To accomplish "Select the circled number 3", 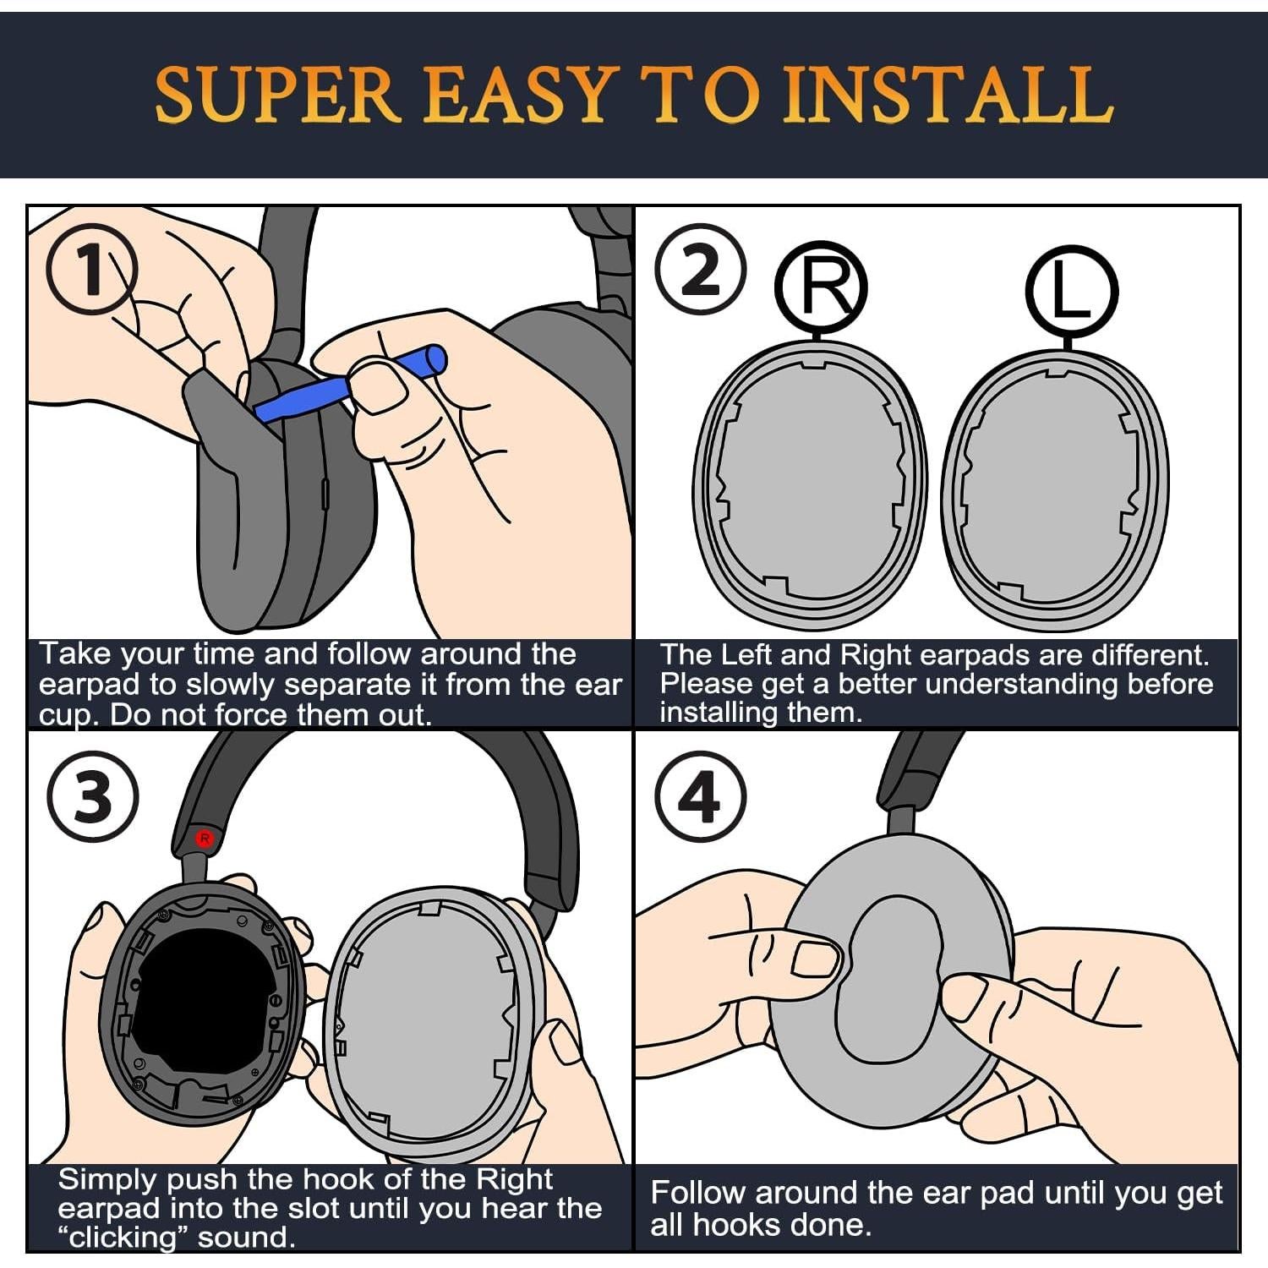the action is pos(92,796).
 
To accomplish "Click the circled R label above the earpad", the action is pos(821,287).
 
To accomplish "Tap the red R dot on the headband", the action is pos(204,838).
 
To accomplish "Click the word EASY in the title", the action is pos(516,96).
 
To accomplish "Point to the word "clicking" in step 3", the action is pos(123,1238).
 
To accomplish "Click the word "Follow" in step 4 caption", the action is pos(698,1193).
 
